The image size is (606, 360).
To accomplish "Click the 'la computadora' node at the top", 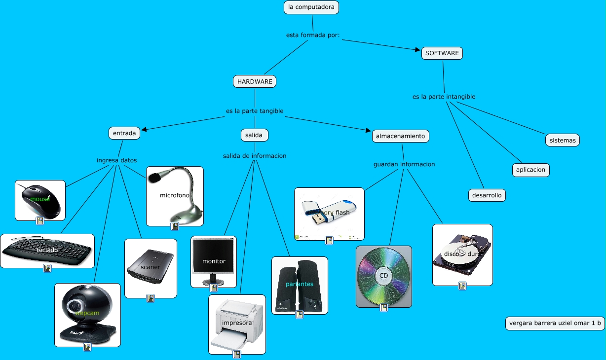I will pyautogui.click(x=311, y=7).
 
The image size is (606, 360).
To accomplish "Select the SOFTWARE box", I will pyautogui.click(x=442, y=53).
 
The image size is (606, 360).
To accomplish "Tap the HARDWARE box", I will pyautogui.click(x=255, y=81).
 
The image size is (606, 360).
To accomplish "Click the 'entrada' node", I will pyautogui.click(x=124, y=133).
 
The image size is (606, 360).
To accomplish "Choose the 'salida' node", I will pyautogui.click(x=255, y=135).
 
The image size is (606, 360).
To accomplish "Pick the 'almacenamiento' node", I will pyautogui.click(x=400, y=136).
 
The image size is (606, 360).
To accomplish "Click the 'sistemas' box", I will pyautogui.click(x=563, y=140).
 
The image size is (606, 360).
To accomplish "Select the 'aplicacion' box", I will pyautogui.click(x=530, y=170).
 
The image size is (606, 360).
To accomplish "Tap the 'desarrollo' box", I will pyautogui.click(x=487, y=195).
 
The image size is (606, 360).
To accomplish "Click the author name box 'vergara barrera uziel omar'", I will pyautogui.click(x=555, y=324).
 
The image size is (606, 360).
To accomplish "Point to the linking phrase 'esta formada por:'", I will pyautogui.click(x=313, y=35).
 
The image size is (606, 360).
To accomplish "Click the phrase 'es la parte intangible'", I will pyautogui.click(x=444, y=97).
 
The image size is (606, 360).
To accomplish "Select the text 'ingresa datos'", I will pyautogui.click(x=116, y=160).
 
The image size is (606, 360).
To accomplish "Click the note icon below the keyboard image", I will pyautogui.click(x=47, y=268).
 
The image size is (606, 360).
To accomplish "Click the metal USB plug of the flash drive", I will pyautogui.click(x=314, y=219).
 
